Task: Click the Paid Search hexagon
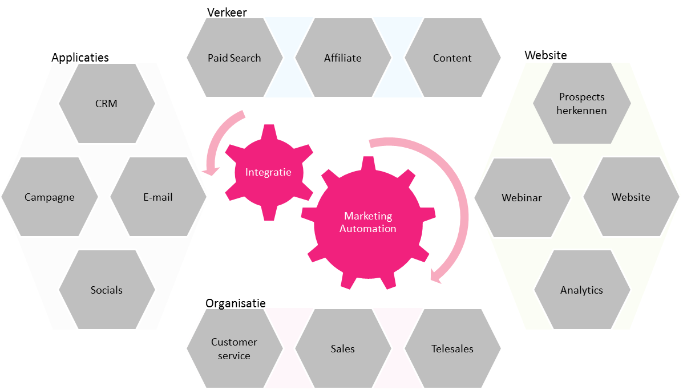point(235,58)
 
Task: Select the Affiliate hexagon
point(343,58)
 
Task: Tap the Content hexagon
point(452,58)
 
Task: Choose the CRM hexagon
point(107,104)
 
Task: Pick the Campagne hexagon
point(50,197)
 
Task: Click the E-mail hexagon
point(158,197)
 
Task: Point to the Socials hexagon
point(107,290)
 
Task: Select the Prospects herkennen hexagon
point(582,103)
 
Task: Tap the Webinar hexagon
point(522,198)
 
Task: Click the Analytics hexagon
point(583,290)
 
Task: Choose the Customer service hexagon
point(235,348)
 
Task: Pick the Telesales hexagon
point(452,348)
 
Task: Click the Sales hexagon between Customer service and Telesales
point(343,348)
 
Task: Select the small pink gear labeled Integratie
point(269,172)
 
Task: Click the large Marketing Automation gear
point(368,223)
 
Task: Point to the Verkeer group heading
point(227,12)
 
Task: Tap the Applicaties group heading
point(80,58)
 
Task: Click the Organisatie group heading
point(236,303)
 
